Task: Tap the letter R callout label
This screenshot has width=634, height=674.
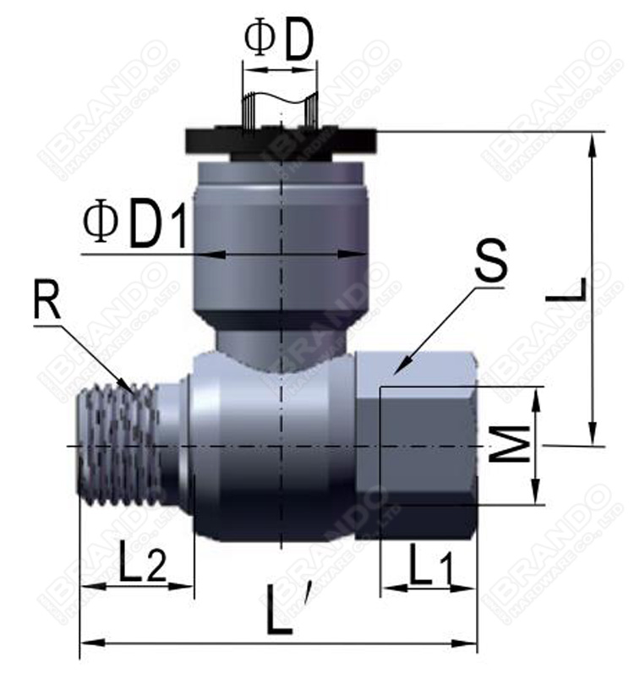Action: pyautogui.click(x=47, y=302)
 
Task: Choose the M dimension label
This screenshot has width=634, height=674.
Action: pyautogui.click(x=512, y=445)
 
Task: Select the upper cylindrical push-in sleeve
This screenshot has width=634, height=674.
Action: pyautogui.click(x=280, y=237)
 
